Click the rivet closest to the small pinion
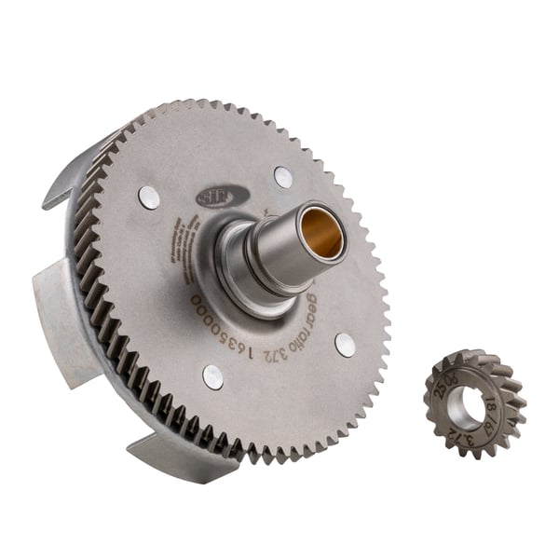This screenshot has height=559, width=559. [x=345, y=345]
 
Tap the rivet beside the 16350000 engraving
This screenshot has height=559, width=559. [x=212, y=376]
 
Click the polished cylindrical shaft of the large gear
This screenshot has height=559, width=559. [x=279, y=252]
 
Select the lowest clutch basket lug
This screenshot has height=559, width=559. [x=168, y=457]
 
